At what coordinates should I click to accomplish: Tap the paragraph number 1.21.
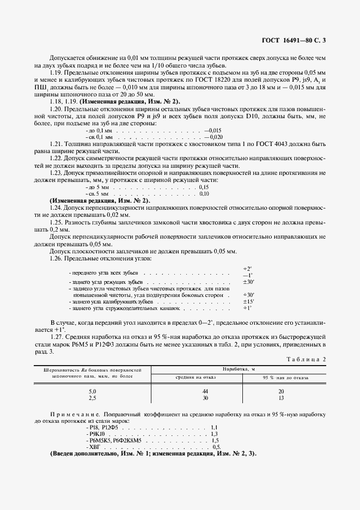(x=57, y=143)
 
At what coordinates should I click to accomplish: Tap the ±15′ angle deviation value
(x=248, y=301)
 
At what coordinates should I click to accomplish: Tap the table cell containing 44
(x=190, y=391)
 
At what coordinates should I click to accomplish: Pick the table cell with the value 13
(x=280, y=398)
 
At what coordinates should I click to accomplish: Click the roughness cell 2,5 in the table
(x=92, y=398)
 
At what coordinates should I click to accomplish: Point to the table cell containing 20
(x=280, y=391)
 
